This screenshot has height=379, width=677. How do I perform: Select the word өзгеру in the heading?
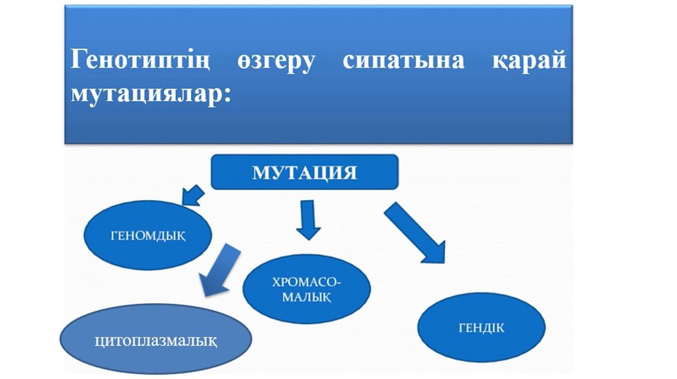tap(276, 63)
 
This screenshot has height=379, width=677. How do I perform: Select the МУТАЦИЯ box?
tap(305, 172)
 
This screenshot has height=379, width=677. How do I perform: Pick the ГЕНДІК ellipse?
tap(481, 327)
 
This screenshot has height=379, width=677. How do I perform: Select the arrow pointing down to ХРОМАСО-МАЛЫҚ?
tap(307, 220)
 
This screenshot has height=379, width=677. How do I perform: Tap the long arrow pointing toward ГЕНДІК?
tap(415, 232)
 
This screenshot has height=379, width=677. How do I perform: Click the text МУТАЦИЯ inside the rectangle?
tap(305, 173)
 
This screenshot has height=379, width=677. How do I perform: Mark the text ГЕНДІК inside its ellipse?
tap(481, 327)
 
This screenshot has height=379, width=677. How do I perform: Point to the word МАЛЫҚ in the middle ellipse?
tap(307, 298)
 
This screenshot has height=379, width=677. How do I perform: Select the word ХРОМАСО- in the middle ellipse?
tap(307, 282)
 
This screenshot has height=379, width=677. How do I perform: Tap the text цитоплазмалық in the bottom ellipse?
tap(156, 341)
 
